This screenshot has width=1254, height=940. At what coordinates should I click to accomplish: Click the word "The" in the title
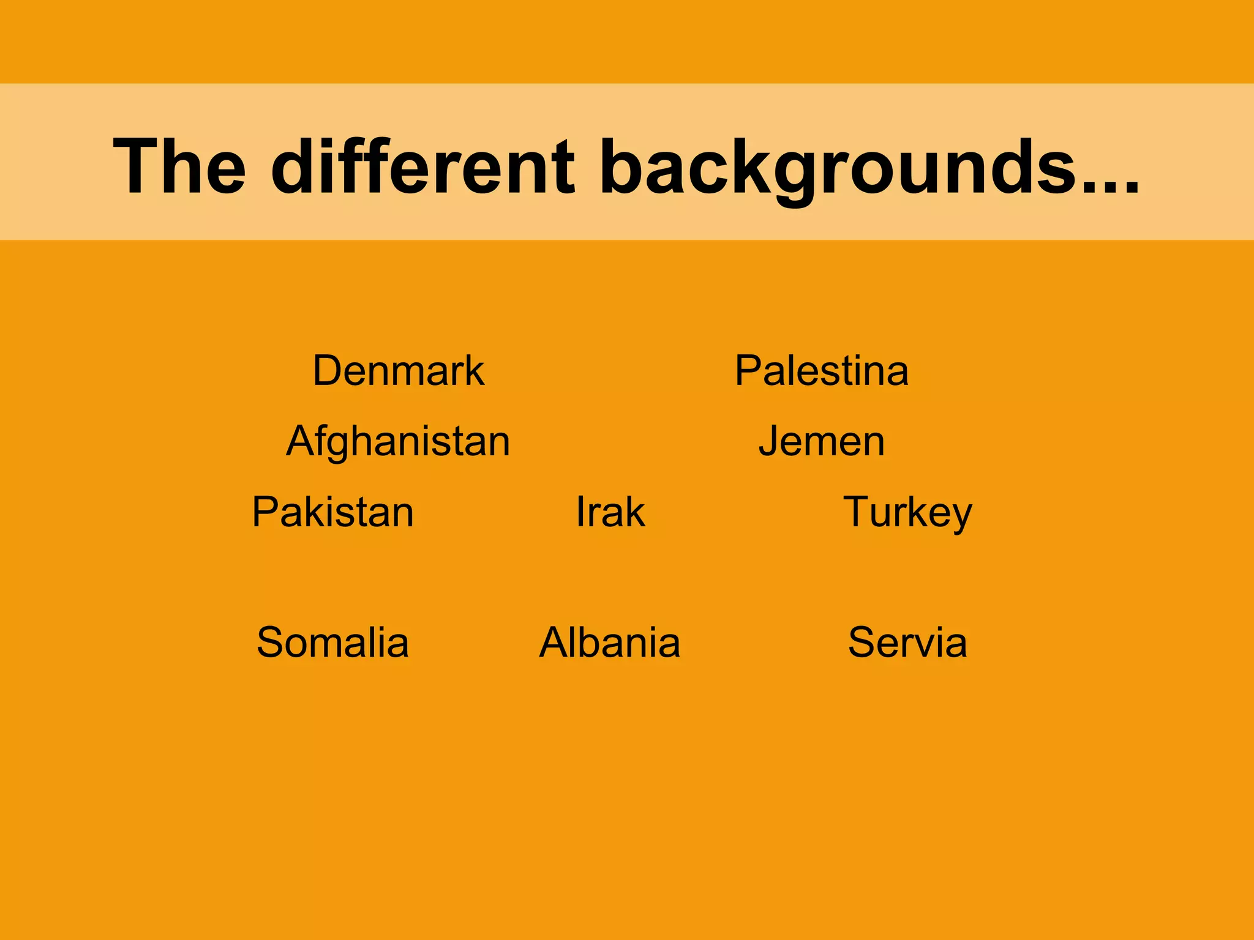point(179,166)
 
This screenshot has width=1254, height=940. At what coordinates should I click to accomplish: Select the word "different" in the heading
point(423,166)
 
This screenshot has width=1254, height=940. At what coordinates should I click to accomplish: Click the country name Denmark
point(399,371)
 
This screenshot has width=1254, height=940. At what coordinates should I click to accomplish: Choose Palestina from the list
point(822,371)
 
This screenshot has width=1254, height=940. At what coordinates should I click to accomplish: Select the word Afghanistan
point(398,441)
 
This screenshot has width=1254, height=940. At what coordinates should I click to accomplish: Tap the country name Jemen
point(822,441)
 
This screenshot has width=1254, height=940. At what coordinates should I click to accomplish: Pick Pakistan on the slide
point(333,512)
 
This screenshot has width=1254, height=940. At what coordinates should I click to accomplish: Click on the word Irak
point(610,512)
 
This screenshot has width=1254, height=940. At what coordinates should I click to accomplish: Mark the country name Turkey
point(907,512)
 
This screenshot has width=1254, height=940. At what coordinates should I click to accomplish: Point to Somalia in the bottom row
point(333,643)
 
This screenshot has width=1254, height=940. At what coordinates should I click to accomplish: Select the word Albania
point(610,643)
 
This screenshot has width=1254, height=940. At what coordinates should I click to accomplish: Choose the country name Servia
point(907,643)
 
